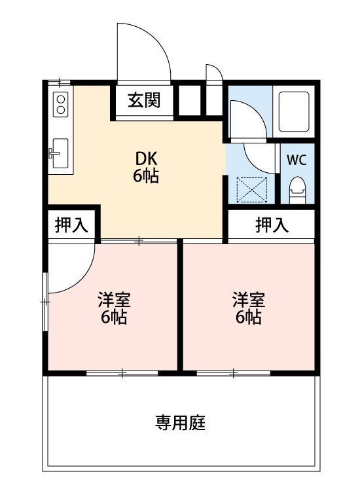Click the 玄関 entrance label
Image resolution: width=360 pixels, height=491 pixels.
pos(144,100)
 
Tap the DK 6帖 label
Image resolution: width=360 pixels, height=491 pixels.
pos(146,168)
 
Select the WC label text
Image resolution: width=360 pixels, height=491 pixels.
pos(297,160)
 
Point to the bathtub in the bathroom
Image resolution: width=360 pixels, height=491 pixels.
pos(294,111)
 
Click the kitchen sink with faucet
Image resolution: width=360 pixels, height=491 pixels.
pos(60,153)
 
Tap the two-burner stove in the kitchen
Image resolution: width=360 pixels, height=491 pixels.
pos(60,105)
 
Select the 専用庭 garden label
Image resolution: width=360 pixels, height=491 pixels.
pos(180,422)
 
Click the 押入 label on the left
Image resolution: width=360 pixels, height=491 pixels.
pos(71,225)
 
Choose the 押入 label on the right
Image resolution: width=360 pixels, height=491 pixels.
pos(272,225)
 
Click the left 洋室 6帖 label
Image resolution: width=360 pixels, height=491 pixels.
pos(114,308)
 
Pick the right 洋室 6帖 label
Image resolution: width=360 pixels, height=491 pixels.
pos(249,308)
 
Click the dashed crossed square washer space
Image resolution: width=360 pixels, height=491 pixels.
pos(252,190)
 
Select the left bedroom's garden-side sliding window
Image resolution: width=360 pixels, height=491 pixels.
pos(122,373)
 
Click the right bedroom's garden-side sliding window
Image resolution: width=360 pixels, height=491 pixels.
pos(234,373)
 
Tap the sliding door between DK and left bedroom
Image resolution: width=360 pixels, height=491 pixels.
pos(139,241)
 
